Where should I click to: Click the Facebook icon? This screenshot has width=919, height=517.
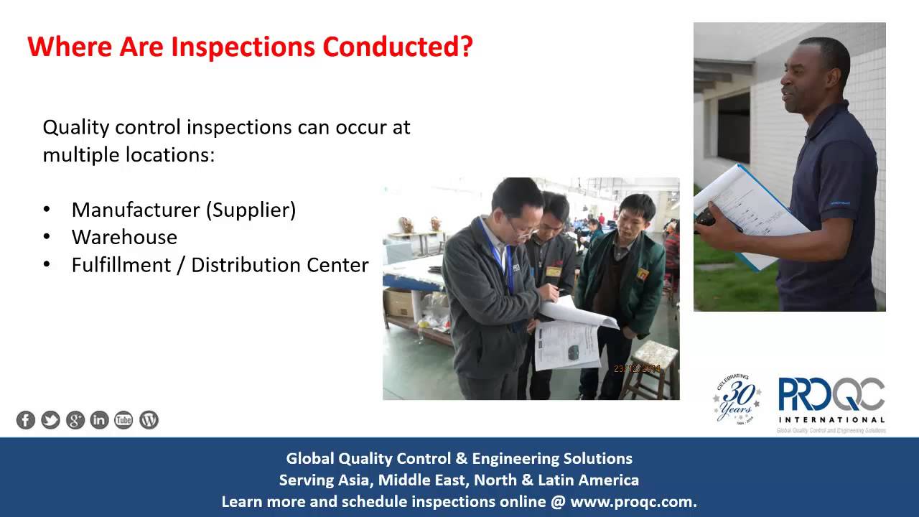26,420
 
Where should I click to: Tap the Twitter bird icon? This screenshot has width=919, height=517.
50,420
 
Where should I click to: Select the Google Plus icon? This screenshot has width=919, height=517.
75,420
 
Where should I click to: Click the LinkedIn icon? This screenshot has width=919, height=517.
100,420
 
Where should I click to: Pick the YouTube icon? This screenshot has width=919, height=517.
124,420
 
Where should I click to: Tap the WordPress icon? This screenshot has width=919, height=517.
149,420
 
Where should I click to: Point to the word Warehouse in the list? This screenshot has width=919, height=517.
124,237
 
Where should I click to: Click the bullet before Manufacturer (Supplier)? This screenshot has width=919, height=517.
47,210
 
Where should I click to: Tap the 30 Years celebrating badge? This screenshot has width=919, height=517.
735,399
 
